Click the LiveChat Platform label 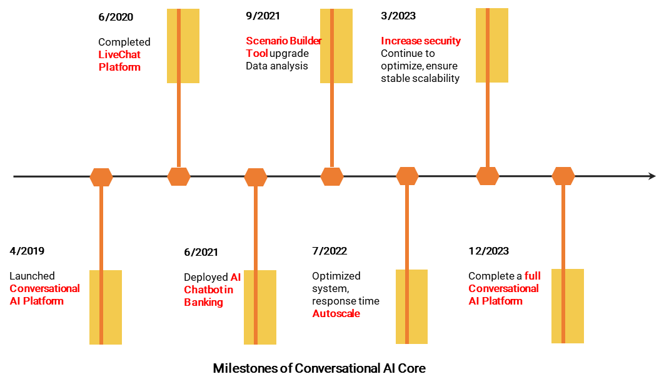coord(119,61)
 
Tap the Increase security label coord(421,41)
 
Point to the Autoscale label coord(336,313)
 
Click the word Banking coord(204,302)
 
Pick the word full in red coord(533,276)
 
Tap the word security coord(442,41)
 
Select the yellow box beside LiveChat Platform coord(183,46)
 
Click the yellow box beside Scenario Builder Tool coord(336,46)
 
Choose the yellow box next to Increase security coord(492,45)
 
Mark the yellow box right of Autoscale coord(411,306)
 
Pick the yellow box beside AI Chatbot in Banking coord(260,307)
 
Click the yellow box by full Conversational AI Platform coord(568,306)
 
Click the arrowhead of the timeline coord(652,176)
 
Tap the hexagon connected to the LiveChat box coord(179,176)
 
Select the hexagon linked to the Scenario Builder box coord(332,176)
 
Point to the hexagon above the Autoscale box coord(407,176)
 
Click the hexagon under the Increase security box coord(488,176)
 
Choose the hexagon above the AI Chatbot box coord(256,177)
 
